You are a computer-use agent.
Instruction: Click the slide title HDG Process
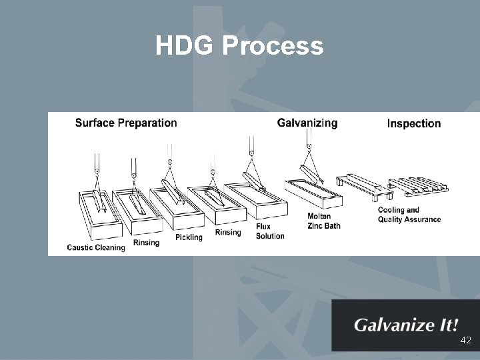pyautogui.click(x=239, y=46)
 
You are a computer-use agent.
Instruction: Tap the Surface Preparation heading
pyautogui.click(x=126, y=123)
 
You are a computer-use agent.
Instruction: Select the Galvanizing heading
pyautogui.click(x=307, y=123)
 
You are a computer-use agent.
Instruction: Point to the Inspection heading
pyautogui.click(x=414, y=123)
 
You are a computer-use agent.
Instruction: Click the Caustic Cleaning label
pyautogui.click(x=96, y=248)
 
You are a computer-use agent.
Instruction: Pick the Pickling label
pyautogui.click(x=189, y=237)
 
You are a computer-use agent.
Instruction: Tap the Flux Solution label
pyautogui.click(x=270, y=231)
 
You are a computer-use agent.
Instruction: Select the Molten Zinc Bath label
pyautogui.click(x=324, y=221)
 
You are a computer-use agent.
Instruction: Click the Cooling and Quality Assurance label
pyautogui.click(x=409, y=215)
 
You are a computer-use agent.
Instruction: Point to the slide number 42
pyautogui.click(x=465, y=340)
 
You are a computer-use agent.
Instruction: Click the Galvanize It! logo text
pyautogui.click(x=406, y=326)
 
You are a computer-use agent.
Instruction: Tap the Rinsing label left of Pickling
pyautogui.click(x=146, y=243)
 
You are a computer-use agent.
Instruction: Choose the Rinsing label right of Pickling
pyautogui.click(x=228, y=233)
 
